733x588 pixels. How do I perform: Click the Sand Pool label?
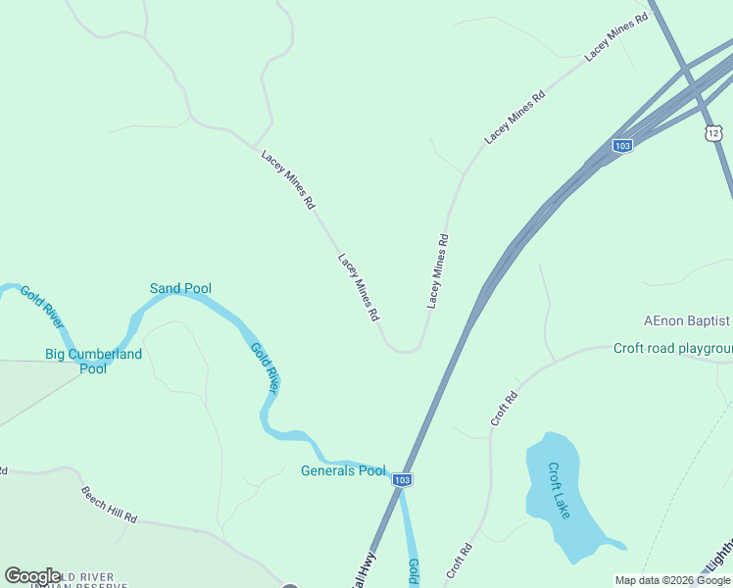click(x=180, y=288)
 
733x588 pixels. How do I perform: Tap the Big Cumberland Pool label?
click(x=93, y=361)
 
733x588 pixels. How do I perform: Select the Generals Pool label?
click(x=343, y=470)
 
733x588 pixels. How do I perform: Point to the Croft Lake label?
click(x=560, y=491)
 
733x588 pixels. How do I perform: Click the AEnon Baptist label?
click(x=686, y=320)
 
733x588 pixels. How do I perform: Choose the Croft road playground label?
click(x=672, y=348)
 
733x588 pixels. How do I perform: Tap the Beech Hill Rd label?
click(x=109, y=504)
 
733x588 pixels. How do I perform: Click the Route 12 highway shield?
click(x=712, y=132)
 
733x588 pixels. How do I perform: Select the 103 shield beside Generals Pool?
click(x=402, y=479)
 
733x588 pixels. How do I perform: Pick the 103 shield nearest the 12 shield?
click(x=622, y=145)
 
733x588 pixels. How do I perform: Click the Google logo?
click(x=33, y=575)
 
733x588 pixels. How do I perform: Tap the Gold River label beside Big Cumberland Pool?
click(x=42, y=308)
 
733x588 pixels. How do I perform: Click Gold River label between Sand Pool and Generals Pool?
click(x=265, y=367)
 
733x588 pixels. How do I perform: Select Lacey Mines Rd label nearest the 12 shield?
click(x=617, y=38)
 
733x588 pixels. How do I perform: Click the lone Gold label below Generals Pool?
click(x=415, y=570)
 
